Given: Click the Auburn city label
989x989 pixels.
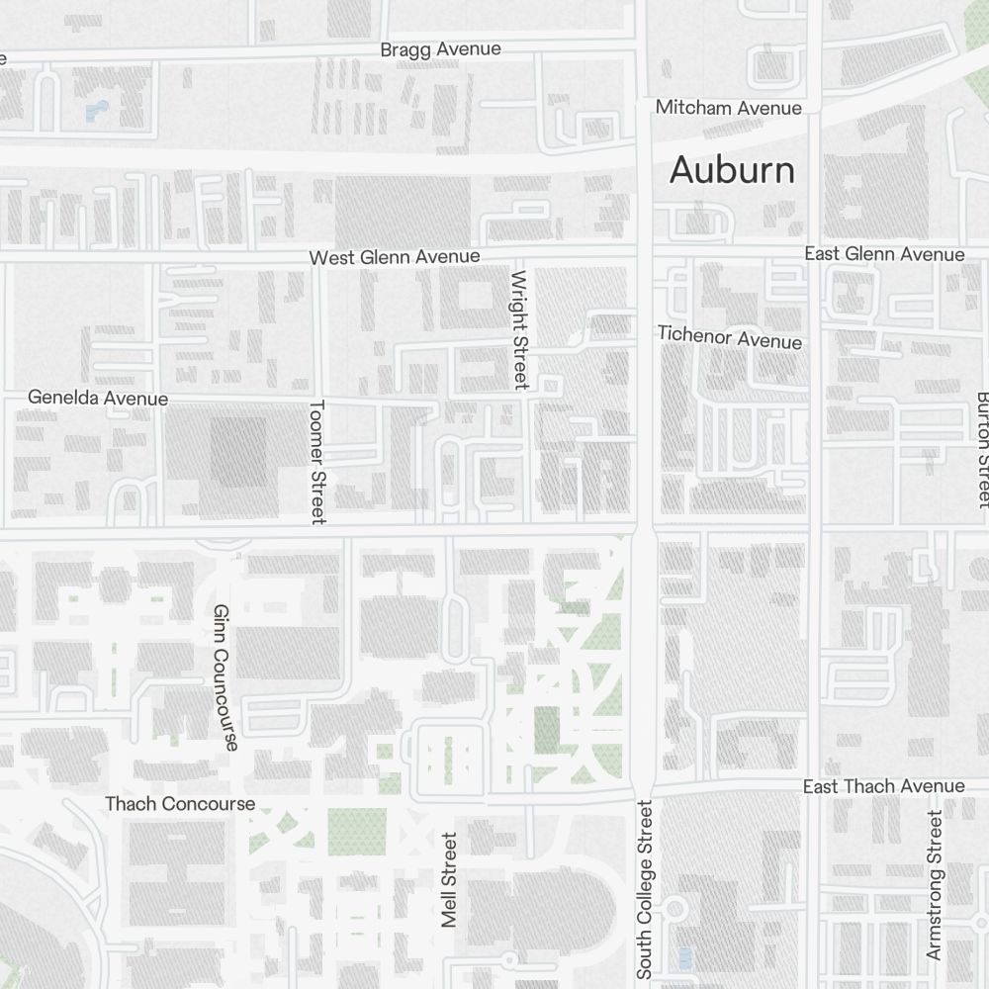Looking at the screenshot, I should pyautogui.click(x=732, y=170).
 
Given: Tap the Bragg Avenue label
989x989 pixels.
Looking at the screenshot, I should pyautogui.click(x=441, y=49).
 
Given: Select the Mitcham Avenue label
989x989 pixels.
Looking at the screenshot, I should pyautogui.click(x=729, y=107).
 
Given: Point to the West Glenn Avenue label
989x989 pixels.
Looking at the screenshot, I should pyautogui.click(x=395, y=257).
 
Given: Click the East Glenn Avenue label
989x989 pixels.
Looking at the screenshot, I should pyautogui.click(x=884, y=254).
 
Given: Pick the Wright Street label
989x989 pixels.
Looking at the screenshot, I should pyautogui.click(x=520, y=328).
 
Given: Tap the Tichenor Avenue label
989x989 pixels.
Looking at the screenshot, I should pyautogui.click(x=730, y=338).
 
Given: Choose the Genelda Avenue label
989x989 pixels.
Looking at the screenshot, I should pyautogui.click(x=98, y=398).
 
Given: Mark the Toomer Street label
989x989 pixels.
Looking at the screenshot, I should pyautogui.click(x=317, y=461).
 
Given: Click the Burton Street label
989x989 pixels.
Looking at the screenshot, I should pyautogui.click(x=982, y=449).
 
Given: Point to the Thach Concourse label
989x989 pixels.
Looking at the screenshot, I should pyautogui.click(x=180, y=804).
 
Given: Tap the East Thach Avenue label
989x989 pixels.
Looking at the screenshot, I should pyautogui.click(x=883, y=787).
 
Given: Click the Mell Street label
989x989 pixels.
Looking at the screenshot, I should pyautogui.click(x=450, y=879).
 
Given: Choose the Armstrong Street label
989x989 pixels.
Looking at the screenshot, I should pyautogui.click(x=935, y=885).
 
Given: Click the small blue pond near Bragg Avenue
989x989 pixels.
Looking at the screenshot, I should pyautogui.click(x=97, y=112).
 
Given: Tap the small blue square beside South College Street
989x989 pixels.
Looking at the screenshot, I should pyautogui.click(x=685, y=957).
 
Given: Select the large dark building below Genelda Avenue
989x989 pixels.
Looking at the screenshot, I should pyautogui.click(x=236, y=450).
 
